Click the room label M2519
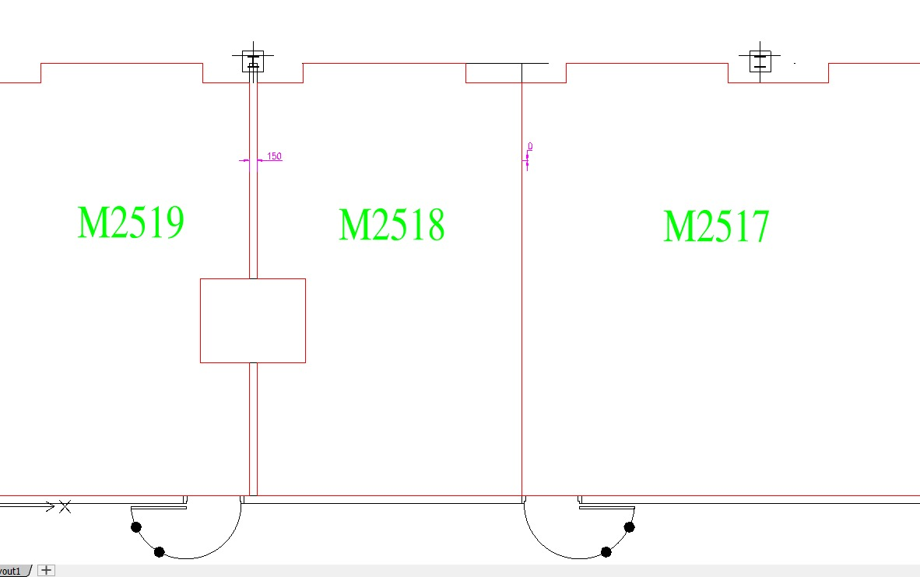tap(131, 222)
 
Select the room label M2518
tap(392, 226)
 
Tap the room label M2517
tap(716, 227)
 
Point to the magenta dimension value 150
tap(274, 156)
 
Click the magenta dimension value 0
tap(530, 146)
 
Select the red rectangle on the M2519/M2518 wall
tap(253, 320)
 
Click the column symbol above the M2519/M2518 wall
tap(252, 61)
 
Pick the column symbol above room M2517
tap(760, 61)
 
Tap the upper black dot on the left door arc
tap(136, 527)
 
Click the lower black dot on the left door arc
tap(160, 552)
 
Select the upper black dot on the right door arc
tap(629, 527)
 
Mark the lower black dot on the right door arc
tap(606, 552)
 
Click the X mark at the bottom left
tap(65, 507)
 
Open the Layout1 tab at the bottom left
tap(11, 571)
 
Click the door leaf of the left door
tap(159, 508)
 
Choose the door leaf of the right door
tap(606, 508)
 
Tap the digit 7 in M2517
tap(758, 227)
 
